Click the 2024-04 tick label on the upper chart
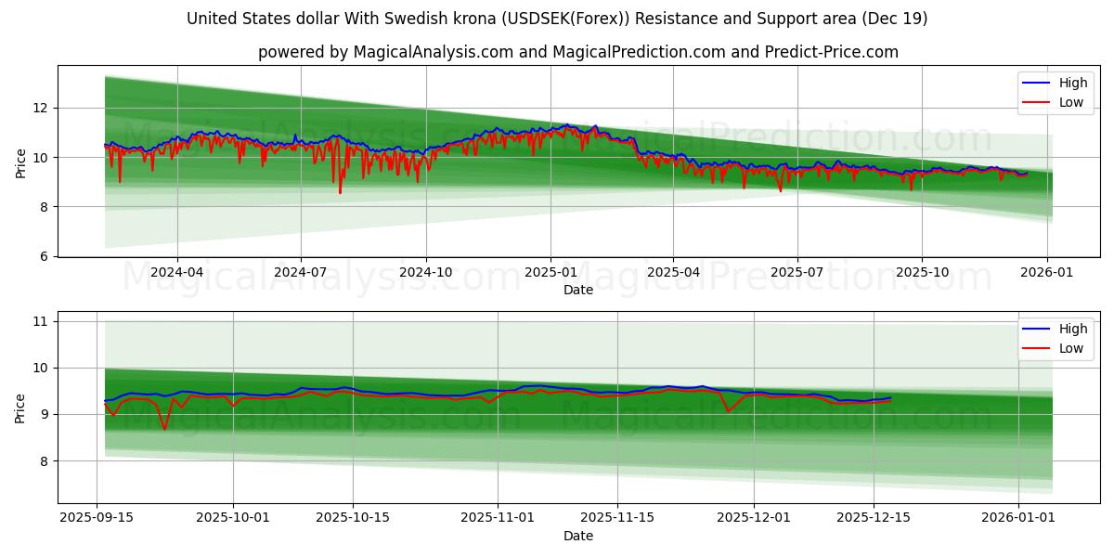pos(176,272)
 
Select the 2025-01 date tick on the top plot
pos(551,272)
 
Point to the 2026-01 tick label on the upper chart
pos(1047,272)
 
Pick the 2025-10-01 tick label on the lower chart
pos(232,518)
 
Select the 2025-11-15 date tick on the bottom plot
pos(617,518)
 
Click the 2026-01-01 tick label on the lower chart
pos(1018,518)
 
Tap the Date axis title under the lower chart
pos(577,536)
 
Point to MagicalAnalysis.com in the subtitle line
pos(434,52)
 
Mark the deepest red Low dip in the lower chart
pos(165,429)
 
